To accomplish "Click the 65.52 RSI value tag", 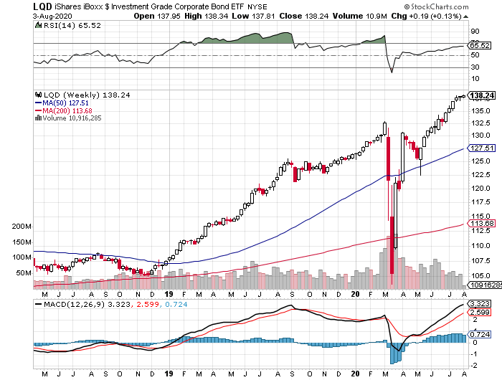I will coord(478,45).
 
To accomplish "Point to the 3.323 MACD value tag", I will coord(478,304).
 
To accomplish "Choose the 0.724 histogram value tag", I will coord(478,335).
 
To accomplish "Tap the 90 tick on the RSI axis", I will coord(474,32).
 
